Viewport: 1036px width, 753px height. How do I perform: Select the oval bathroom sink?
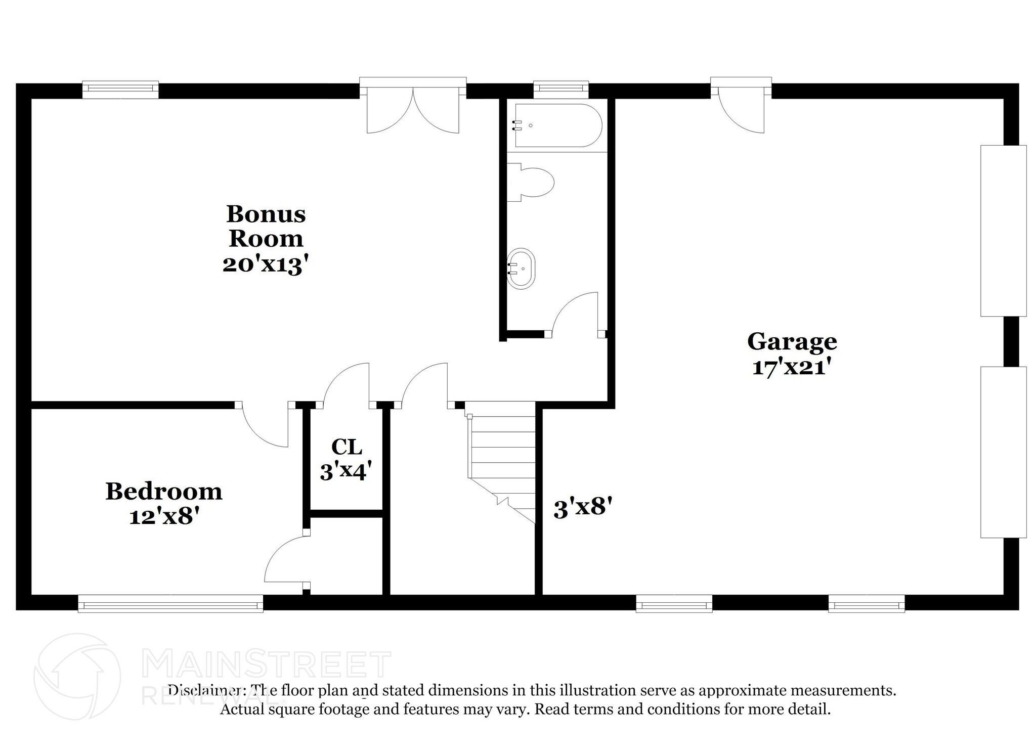[521, 269]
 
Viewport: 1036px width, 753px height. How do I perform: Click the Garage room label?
[792, 342]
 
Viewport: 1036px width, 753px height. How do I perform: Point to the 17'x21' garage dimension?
[792, 367]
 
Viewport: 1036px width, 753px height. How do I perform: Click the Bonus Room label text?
[266, 226]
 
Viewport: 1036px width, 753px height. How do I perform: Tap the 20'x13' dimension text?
[266, 264]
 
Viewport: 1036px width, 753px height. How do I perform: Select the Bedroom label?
[164, 492]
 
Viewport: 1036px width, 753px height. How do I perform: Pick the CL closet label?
[347, 447]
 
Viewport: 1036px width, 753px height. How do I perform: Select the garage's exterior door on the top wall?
[741, 106]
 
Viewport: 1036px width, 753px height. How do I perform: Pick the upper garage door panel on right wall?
[1004, 231]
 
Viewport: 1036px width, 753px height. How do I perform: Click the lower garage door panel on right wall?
[1004, 452]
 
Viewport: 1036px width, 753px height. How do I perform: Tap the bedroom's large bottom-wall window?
[170, 603]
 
